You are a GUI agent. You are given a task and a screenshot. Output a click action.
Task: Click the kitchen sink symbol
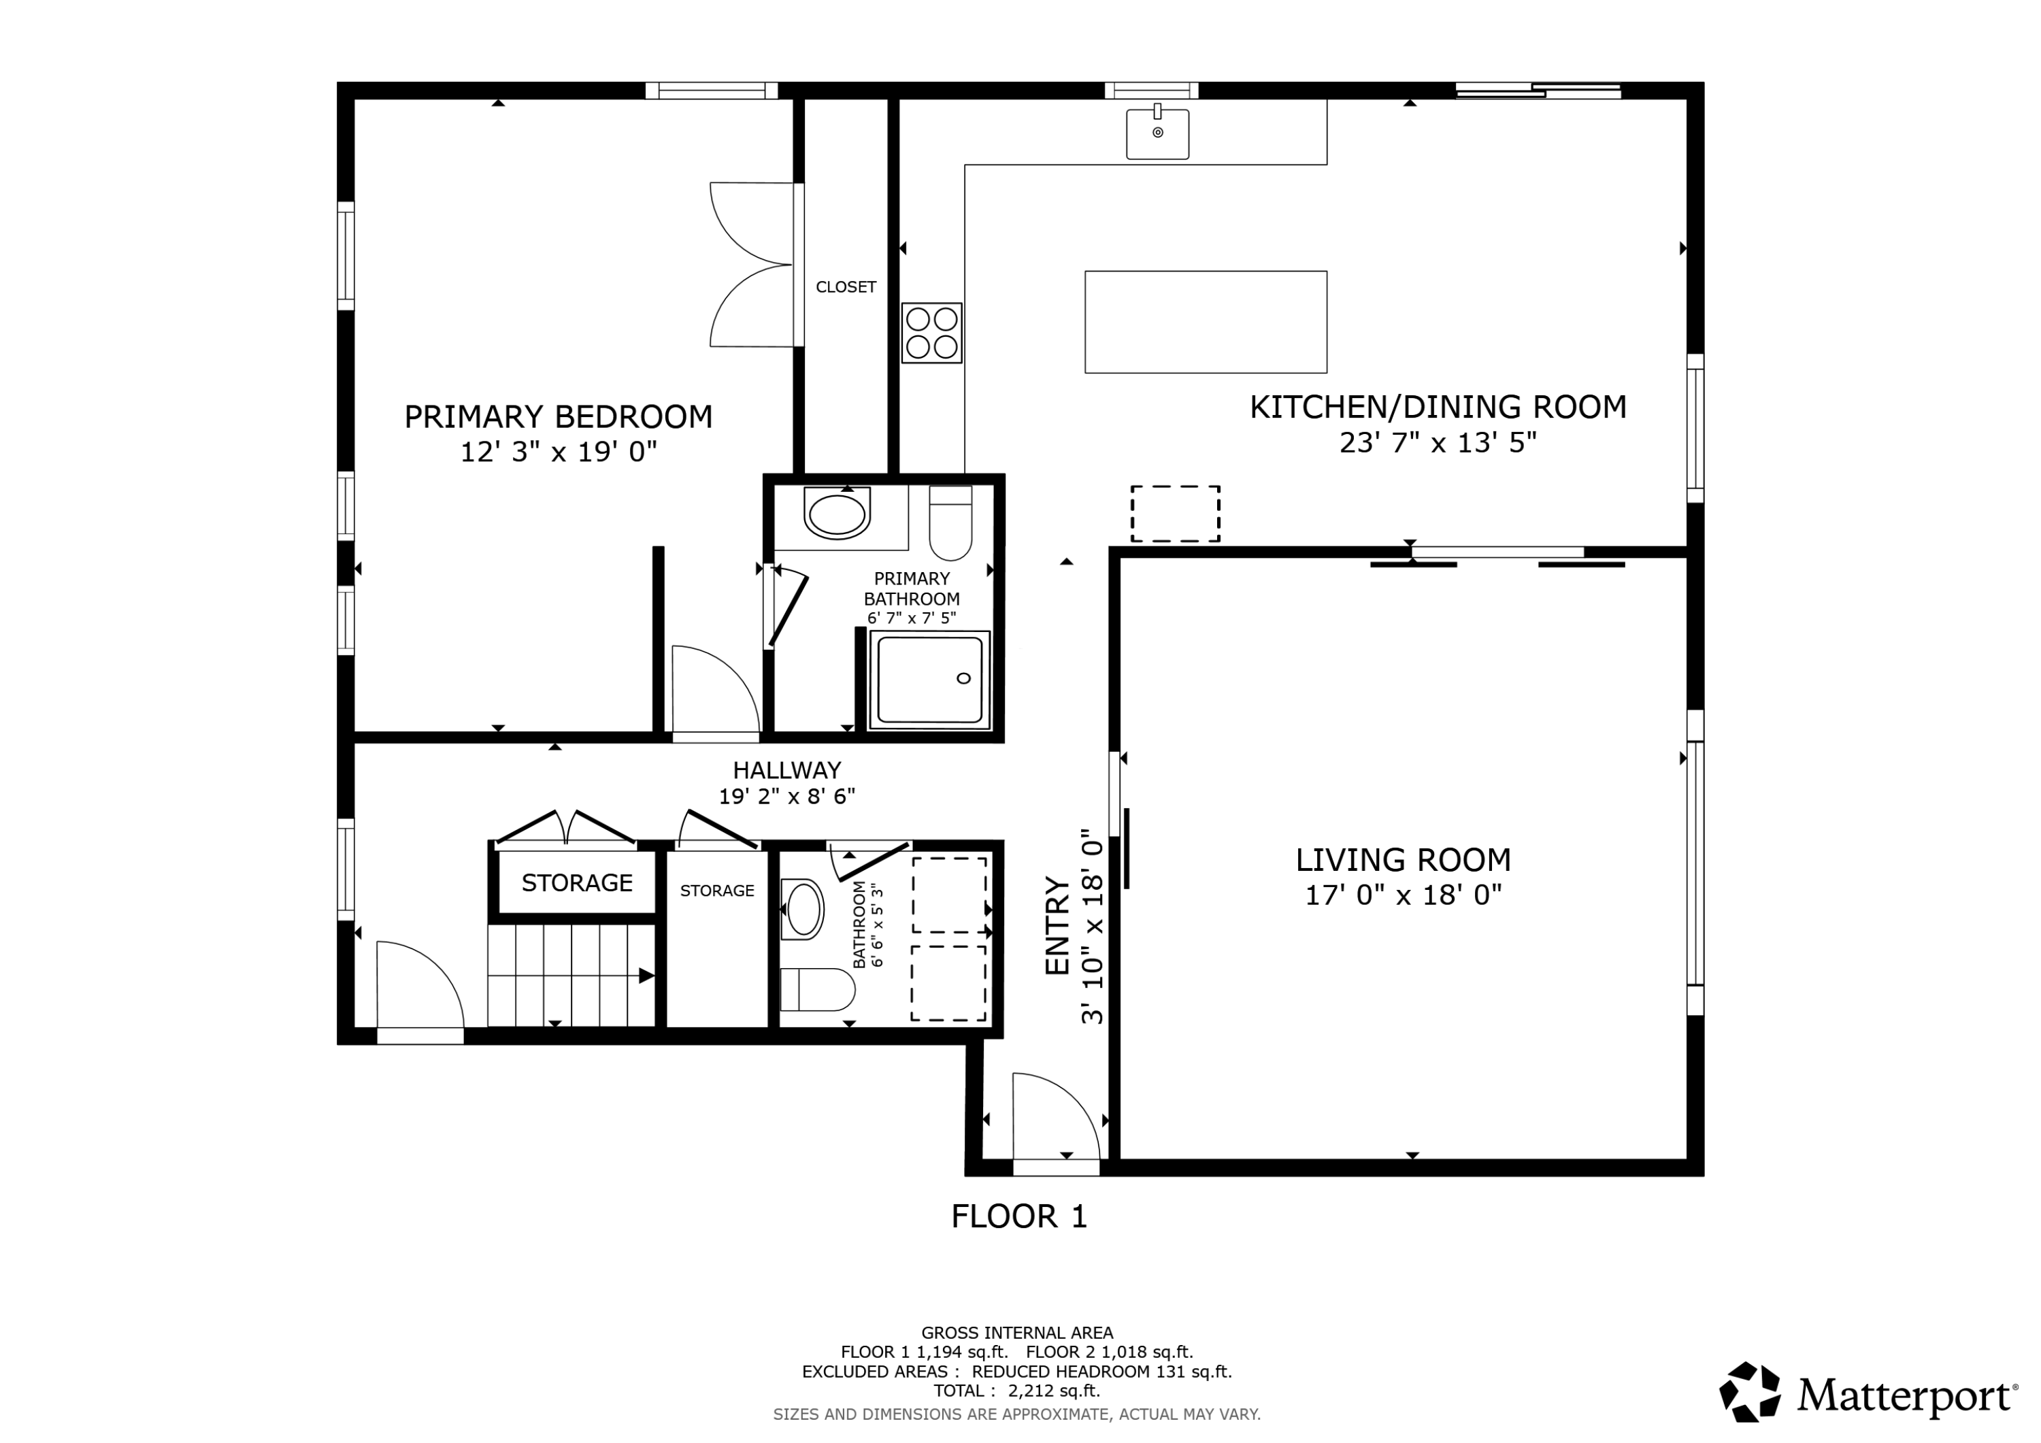1157,133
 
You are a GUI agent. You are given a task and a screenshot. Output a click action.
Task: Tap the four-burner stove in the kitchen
931,333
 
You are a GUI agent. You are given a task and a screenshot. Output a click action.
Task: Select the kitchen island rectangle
1206,322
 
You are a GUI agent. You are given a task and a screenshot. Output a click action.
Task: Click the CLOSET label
846,287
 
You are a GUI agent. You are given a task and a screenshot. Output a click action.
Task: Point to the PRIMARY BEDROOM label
559,417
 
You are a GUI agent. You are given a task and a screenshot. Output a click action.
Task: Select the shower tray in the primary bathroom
930,680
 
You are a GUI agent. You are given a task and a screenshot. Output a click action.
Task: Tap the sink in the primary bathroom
837,513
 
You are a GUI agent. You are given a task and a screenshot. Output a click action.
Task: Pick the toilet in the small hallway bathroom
818,990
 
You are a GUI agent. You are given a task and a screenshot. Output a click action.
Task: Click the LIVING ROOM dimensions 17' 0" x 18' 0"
1403,895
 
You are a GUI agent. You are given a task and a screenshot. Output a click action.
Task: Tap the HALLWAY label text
786,770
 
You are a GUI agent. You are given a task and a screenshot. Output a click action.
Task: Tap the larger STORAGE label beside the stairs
577,883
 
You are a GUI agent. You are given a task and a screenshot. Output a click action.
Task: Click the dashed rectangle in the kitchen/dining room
1175,514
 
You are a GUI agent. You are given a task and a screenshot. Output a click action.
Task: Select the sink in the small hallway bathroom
803,910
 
